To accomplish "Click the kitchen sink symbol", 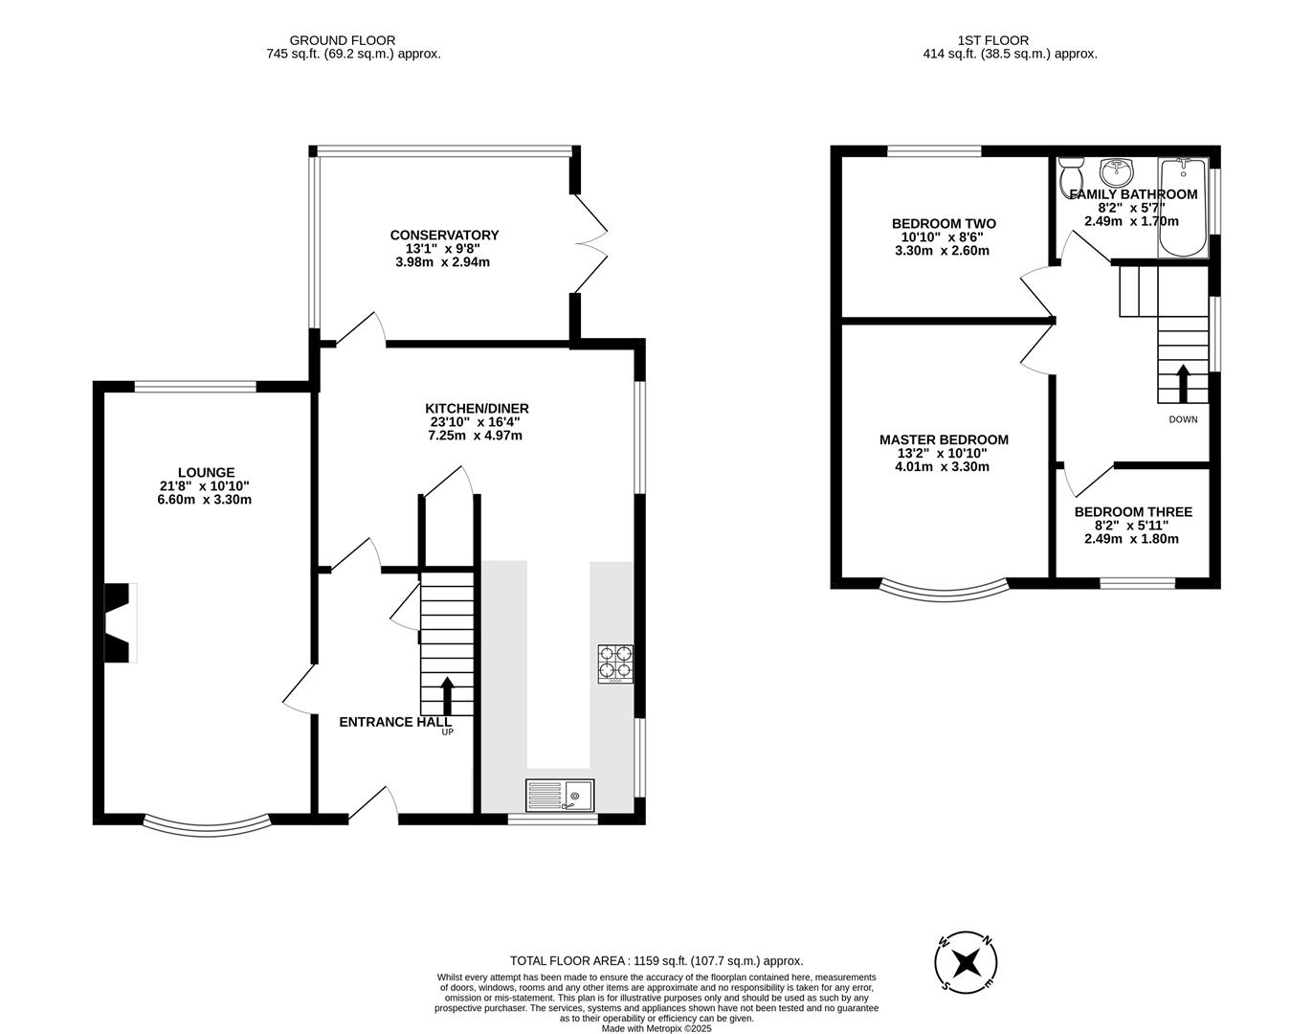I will [560, 795].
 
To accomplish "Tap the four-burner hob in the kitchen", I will [616, 663].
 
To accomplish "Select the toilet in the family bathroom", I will [1071, 177].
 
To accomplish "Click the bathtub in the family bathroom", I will [1183, 208].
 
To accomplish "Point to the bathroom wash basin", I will [1115, 172].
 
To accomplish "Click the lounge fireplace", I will [121, 622].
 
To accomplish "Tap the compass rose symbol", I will [968, 960].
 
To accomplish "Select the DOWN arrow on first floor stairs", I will [1183, 383].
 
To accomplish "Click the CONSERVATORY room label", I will [444, 235].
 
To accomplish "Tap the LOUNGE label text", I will [206, 472].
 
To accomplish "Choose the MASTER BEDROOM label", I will [944, 439].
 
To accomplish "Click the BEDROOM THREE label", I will [1133, 512].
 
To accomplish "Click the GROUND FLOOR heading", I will [342, 40].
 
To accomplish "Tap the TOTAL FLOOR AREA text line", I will [656, 960].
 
